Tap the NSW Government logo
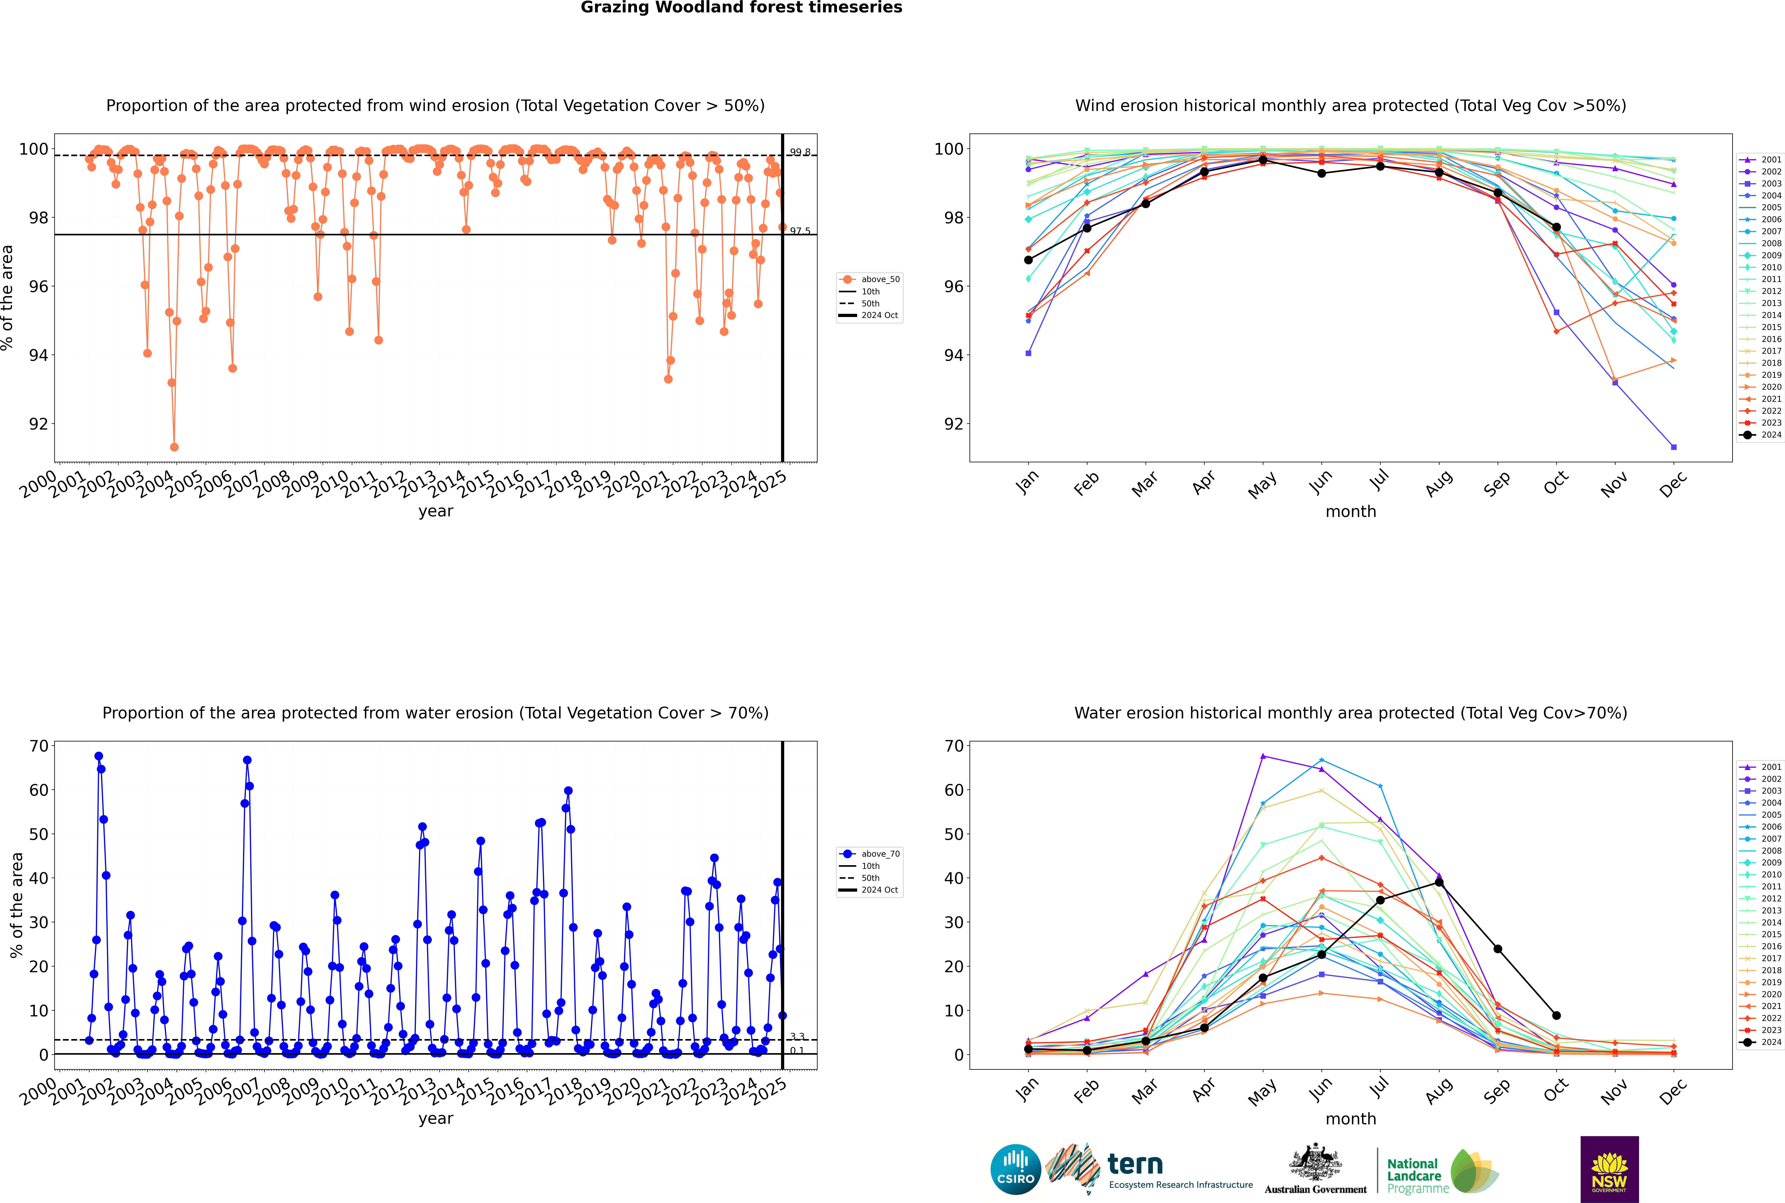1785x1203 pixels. click(x=1609, y=1169)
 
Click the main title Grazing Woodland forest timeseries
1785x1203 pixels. click(x=741, y=8)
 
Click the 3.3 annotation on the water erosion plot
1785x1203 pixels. click(x=797, y=1037)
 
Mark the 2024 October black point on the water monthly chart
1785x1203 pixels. click(x=1556, y=1016)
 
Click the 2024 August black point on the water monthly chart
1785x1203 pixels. click(x=1439, y=882)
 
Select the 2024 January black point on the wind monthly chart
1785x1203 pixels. click(x=1028, y=260)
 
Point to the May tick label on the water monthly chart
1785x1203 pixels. click(x=1262, y=1092)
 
